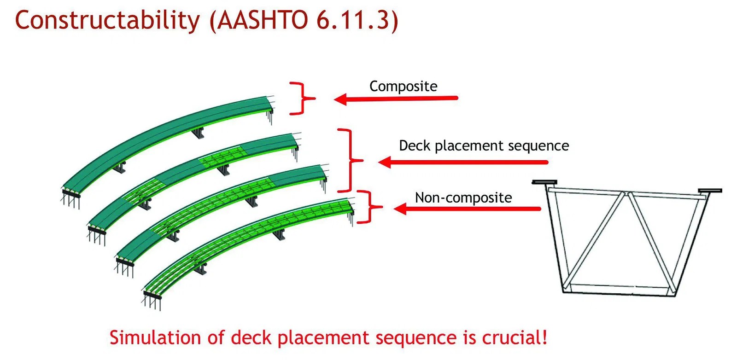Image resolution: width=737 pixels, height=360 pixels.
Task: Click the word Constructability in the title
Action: [x=107, y=20]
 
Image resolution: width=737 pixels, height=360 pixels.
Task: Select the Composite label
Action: [x=403, y=86]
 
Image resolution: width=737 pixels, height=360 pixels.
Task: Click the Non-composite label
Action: [x=463, y=197]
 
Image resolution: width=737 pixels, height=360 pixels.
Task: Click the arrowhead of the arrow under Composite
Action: [x=340, y=99]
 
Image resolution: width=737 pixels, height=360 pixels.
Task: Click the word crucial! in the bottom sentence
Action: [x=515, y=337]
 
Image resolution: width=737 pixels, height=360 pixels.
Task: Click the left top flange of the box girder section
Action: [x=544, y=182]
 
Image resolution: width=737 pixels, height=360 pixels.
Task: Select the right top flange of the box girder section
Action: [x=709, y=190]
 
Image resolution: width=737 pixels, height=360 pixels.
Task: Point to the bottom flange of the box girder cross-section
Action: [x=617, y=290]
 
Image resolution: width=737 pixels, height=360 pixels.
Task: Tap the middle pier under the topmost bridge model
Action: [x=198, y=133]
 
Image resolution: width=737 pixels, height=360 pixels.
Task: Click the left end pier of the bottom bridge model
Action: [x=152, y=299]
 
